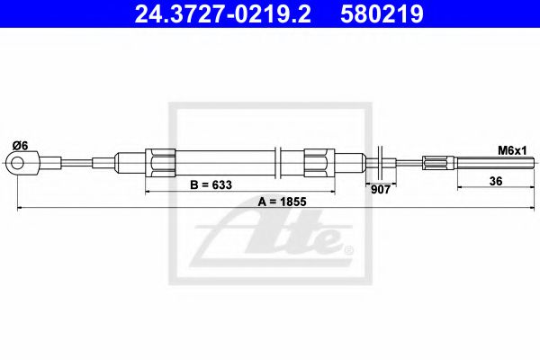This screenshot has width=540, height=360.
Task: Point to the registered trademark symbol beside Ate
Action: (x=349, y=249)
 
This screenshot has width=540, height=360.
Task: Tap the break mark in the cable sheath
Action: (x=282, y=163)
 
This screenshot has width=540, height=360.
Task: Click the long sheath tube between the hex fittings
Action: (x=225, y=163)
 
